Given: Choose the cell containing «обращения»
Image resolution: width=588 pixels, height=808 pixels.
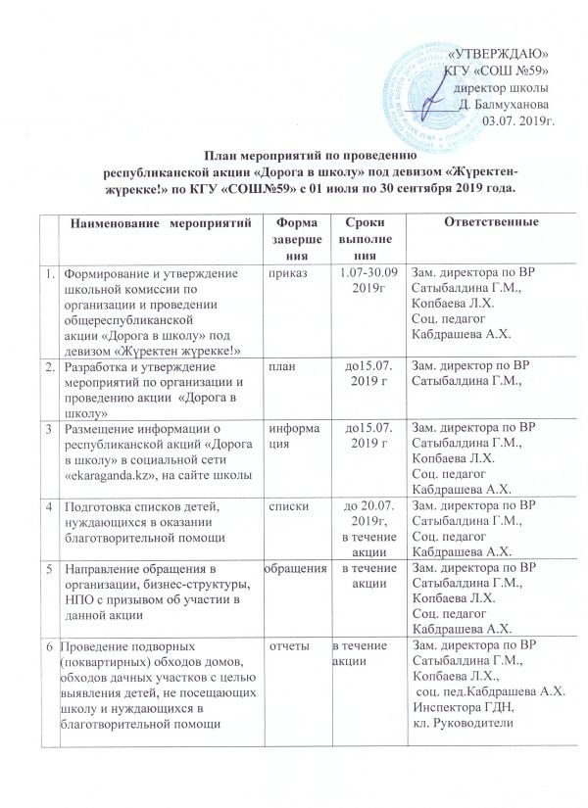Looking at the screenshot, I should (x=293, y=568).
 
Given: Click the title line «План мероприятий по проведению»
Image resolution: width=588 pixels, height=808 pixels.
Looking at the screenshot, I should (x=311, y=155).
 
